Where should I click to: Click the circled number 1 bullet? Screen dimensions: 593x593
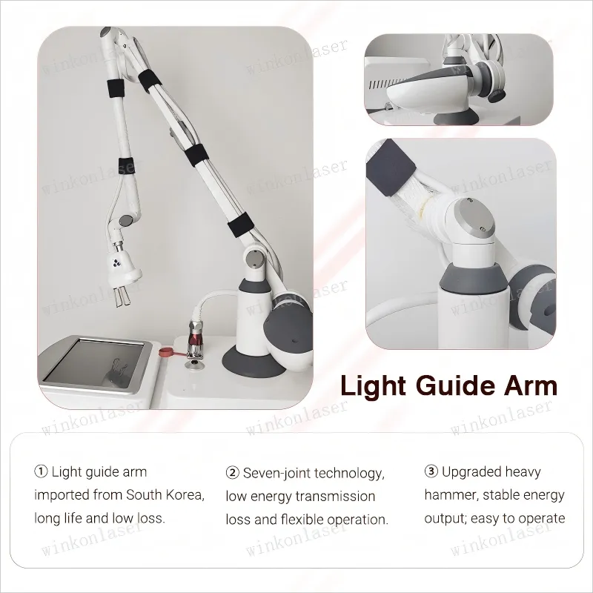pos(41,471)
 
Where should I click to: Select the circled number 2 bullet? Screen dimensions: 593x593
pos(232,473)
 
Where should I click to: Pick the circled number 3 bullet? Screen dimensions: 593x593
pos(431,471)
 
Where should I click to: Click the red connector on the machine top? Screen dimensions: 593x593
pos(195,336)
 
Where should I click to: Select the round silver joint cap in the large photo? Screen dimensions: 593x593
pos(254,259)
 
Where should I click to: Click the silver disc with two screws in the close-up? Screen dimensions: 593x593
pos(474,219)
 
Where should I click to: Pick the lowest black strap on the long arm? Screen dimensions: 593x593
pos(240,225)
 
